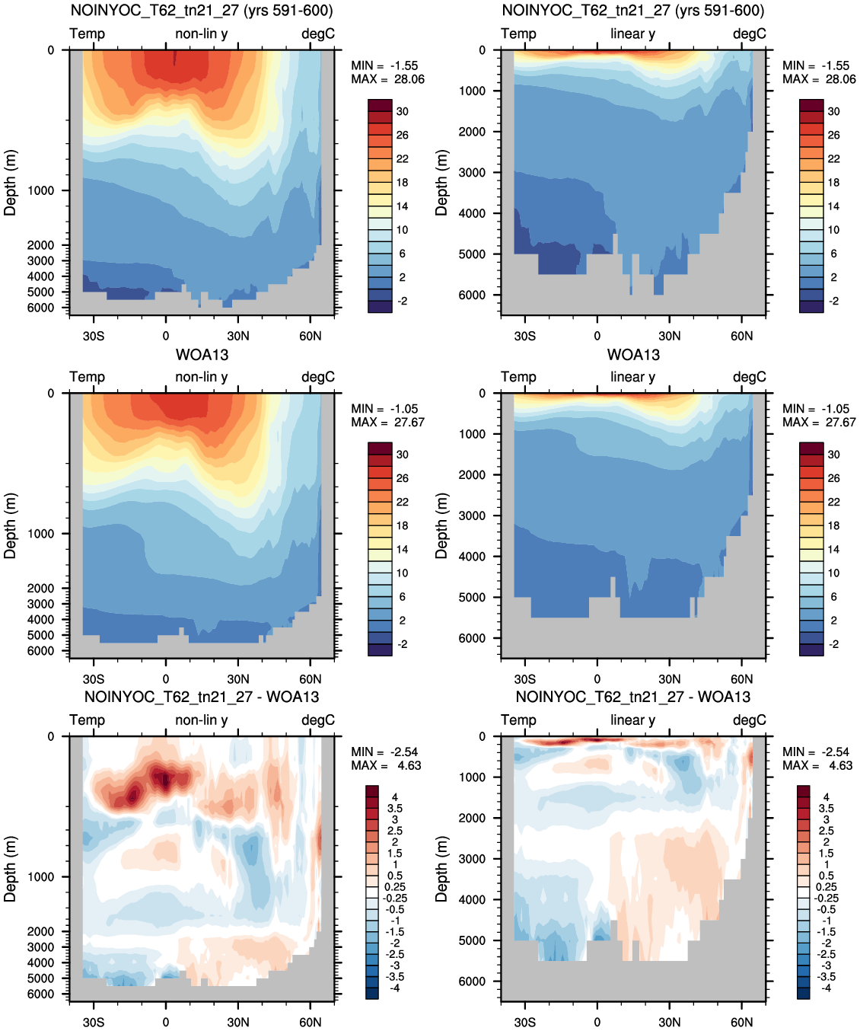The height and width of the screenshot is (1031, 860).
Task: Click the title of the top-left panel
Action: click(202, 10)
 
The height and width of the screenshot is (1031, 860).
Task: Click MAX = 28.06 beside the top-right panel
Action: click(819, 79)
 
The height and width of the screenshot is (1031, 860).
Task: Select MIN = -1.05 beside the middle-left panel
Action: click(384, 409)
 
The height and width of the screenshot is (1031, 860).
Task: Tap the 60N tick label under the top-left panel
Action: click(310, 336)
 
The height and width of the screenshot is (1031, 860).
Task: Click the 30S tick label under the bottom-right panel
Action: click(525, 1022)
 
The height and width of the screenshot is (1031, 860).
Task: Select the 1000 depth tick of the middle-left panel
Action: click(40, 533)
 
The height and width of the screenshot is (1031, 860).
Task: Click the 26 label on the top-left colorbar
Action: click(403, 135)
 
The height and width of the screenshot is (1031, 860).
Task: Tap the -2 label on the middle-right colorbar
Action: click(834, 644)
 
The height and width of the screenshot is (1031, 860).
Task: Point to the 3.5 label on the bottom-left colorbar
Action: click(395, 809)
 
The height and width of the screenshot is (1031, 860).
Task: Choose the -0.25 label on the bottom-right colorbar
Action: click(825, 899)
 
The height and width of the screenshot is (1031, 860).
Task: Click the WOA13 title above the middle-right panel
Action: click(633, 355)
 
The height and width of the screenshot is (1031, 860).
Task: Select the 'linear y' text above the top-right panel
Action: click(633, 34)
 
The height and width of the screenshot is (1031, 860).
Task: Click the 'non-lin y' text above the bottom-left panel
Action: click(202, 720)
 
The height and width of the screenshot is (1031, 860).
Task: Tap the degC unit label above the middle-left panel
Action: click(318, 377)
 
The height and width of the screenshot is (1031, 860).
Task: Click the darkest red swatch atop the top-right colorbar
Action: click(811, 104)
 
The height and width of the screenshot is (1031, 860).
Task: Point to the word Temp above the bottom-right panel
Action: click(518, 720)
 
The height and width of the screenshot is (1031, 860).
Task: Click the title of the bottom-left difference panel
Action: click(202, 697)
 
